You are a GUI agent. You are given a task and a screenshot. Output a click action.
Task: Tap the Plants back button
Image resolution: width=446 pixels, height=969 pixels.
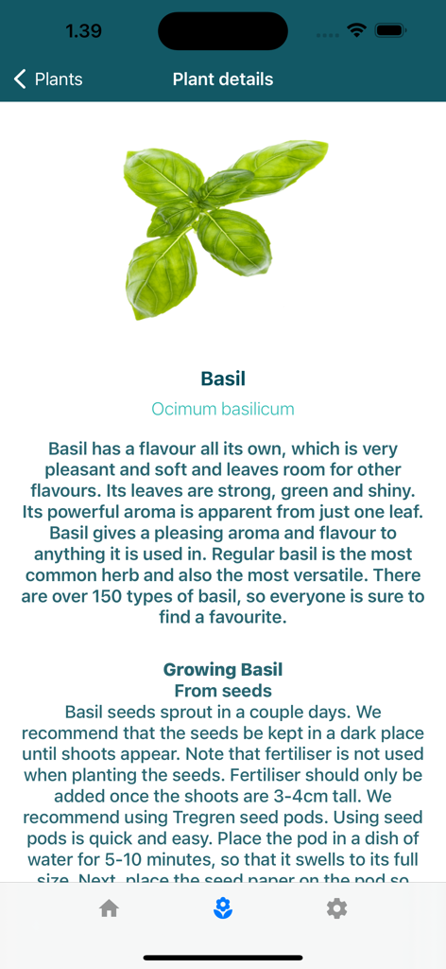tap(49, 79)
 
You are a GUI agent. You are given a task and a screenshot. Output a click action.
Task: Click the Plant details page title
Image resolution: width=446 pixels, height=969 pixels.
tap(223, 79)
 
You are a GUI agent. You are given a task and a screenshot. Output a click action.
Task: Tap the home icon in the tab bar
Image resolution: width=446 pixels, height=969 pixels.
tap(110, 908)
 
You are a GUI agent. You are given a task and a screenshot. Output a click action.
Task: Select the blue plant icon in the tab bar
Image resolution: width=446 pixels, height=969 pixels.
tap(223, 908)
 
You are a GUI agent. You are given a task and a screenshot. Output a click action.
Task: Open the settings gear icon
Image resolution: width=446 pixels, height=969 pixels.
tap(336, 908)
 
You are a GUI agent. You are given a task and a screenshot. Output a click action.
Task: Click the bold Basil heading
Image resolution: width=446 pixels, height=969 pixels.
tap(223, 379)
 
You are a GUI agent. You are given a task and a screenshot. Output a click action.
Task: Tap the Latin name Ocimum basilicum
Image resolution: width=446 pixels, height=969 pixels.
tap(223, 409)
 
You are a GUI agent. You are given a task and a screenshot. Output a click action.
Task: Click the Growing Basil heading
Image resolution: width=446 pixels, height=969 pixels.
tap(223, 670)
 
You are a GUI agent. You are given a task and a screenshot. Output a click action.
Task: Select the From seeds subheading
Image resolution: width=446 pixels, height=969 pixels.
tap(223, 691)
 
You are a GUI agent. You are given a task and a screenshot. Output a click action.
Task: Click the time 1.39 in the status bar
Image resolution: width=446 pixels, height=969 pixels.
tap(83, 31)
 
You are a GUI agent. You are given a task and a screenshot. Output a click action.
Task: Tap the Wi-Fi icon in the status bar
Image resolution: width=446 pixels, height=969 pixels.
tap(356, 30)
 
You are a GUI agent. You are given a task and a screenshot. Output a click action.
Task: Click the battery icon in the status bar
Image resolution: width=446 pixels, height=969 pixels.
tap(389, 30)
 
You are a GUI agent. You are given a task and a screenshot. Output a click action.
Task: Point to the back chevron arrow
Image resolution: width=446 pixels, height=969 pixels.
tap(21, 79)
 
